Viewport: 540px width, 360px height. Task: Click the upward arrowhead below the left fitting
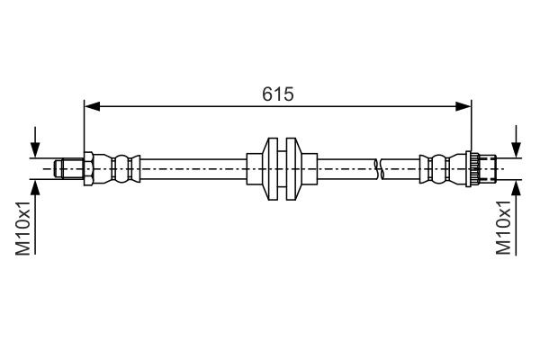35,184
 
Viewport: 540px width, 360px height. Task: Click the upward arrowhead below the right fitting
517,184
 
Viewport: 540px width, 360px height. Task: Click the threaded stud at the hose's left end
66,167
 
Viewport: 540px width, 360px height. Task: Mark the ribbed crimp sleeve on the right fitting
438,167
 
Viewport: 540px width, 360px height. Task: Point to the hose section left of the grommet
193,167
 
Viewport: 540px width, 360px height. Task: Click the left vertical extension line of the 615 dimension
83,126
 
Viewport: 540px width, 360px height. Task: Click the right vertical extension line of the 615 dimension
472,126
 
